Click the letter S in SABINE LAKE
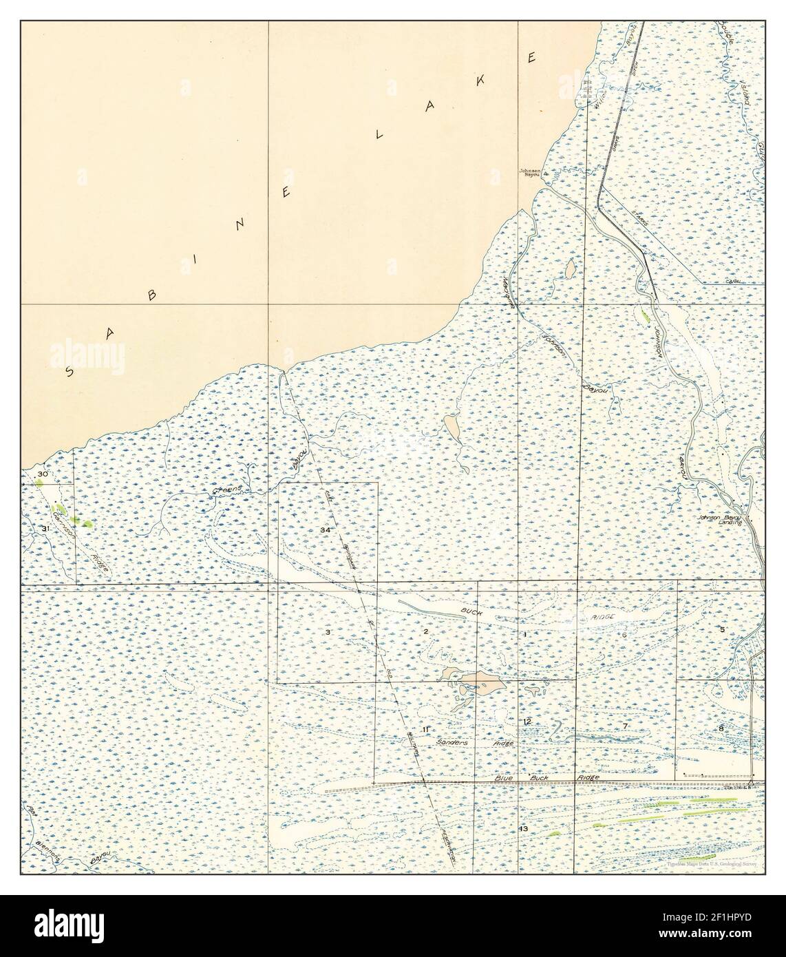click(x=70, y=372)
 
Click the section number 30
click(x=43, y=474)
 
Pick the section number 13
click(x=524, y=828)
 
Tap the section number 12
click(x=527, y=722)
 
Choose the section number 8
click(x=721, y=728)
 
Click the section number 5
click(x=723, y=629)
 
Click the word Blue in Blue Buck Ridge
click(x=505, y=778)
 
